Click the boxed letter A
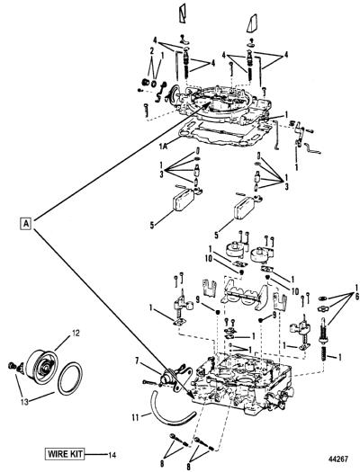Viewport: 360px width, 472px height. tap(26, 223)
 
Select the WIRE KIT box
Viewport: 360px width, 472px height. tap(65, 453)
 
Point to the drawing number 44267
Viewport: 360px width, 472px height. tap(338, 459)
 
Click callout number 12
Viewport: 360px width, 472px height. tap(76, 334)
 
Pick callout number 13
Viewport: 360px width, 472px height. tap(24, 402)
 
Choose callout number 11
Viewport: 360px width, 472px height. tap(136, 417)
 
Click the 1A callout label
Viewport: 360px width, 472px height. tap(164, 146)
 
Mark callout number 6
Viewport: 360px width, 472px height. tap(356, 297)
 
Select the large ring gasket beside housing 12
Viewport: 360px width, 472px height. tap(70, 379)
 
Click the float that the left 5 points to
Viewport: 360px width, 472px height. tap(183, 200)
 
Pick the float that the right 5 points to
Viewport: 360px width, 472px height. tap(245, 208)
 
